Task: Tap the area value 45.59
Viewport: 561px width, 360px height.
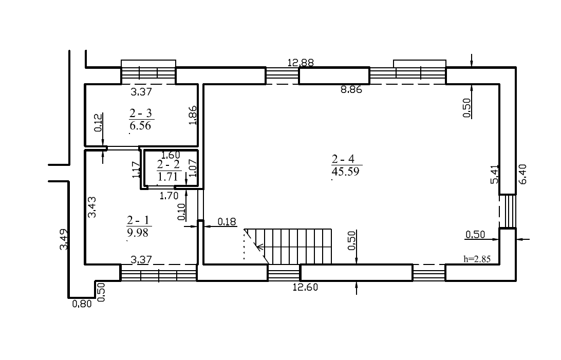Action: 345,171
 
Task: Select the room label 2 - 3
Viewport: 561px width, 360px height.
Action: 141,113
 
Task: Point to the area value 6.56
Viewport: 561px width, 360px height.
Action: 140,125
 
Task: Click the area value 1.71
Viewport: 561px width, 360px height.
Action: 167,177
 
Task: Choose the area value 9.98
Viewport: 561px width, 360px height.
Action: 138,233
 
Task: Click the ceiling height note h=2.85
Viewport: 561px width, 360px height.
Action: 477,259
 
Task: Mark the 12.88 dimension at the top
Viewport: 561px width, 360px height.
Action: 301,63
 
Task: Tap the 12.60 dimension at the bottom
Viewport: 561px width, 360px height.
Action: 305,287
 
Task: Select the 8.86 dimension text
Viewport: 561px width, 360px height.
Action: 351,90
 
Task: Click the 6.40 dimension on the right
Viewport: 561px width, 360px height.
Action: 522,174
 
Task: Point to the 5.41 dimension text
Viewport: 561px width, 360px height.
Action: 494,174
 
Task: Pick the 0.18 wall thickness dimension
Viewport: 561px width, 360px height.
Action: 227,222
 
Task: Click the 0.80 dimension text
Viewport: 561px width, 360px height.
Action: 82,304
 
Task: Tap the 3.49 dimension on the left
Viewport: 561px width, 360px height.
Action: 64,239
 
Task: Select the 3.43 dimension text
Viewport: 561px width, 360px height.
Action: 92,207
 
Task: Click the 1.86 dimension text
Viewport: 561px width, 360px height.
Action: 193,115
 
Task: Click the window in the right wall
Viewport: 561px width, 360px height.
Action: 508,211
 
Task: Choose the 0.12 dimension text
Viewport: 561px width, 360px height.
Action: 99,123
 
